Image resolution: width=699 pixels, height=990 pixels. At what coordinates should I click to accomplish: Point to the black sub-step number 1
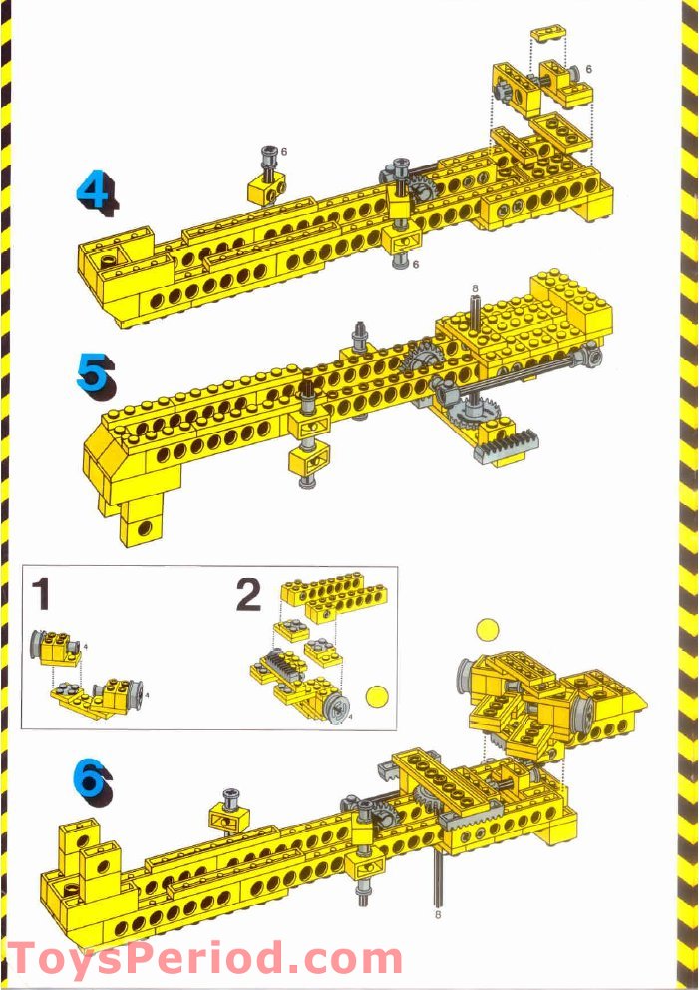[41, 594]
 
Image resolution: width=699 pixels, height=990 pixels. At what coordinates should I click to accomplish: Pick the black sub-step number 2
[248, 594]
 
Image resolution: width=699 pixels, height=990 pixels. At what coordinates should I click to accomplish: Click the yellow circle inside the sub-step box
[377, 696]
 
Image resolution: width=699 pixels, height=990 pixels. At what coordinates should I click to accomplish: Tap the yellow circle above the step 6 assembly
[486, 629]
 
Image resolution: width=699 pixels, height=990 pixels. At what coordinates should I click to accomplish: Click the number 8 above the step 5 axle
[476, 289]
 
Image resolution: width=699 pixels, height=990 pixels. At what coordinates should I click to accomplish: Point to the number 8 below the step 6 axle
[438, 911]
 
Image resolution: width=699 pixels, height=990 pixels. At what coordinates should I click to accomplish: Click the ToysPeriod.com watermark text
[204, 960]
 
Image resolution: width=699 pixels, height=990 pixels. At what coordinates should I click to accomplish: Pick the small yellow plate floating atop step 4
[546, 35]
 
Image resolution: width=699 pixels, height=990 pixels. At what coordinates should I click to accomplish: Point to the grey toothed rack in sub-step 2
[283, 663]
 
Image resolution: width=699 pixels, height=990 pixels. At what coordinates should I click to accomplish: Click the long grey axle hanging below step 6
[438, 877]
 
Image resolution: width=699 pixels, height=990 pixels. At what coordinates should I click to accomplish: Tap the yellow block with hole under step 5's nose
[141, 525]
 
